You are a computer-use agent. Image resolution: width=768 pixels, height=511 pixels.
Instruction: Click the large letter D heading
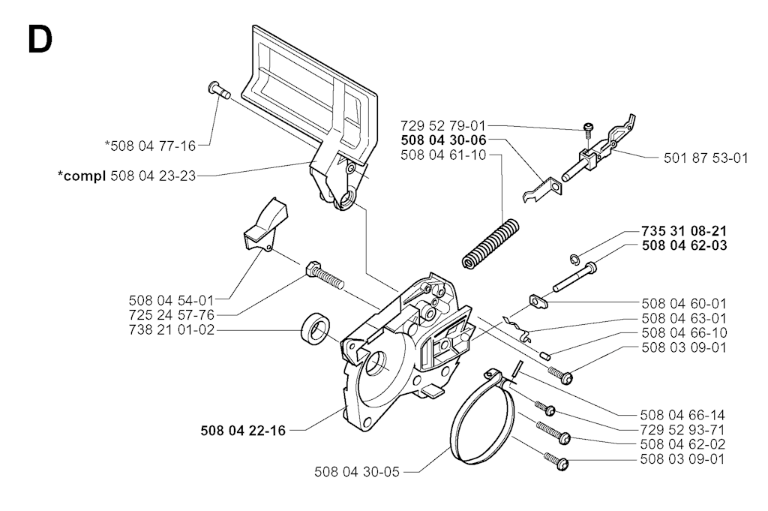(x=40, y=40)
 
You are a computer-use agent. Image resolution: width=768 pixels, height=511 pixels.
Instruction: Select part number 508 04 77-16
(x=150, y=146)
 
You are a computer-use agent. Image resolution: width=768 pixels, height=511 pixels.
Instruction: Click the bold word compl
(x=82, y=176)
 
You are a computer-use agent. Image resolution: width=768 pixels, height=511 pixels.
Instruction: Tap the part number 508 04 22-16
(x=243, y=431)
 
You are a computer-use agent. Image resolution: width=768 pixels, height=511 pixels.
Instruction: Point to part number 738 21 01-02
(x=172, y=329)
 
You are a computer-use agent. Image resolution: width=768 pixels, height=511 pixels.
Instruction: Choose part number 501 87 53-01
(x=706, y=158)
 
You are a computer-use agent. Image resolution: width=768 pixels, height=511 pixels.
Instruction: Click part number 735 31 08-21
(x=684, y=231)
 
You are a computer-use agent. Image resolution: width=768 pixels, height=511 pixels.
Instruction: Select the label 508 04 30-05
(x=357, y=472)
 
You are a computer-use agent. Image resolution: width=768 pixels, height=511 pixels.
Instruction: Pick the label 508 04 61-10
(x=443, y=155)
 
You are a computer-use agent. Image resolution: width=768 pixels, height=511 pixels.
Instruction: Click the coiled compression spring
(x=490, y=244)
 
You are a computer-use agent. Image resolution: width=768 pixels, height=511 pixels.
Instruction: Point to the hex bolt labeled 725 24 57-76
(x=324, y=275)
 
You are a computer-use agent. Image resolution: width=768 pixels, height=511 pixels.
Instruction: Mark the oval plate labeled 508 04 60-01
(x=538, y=302)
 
